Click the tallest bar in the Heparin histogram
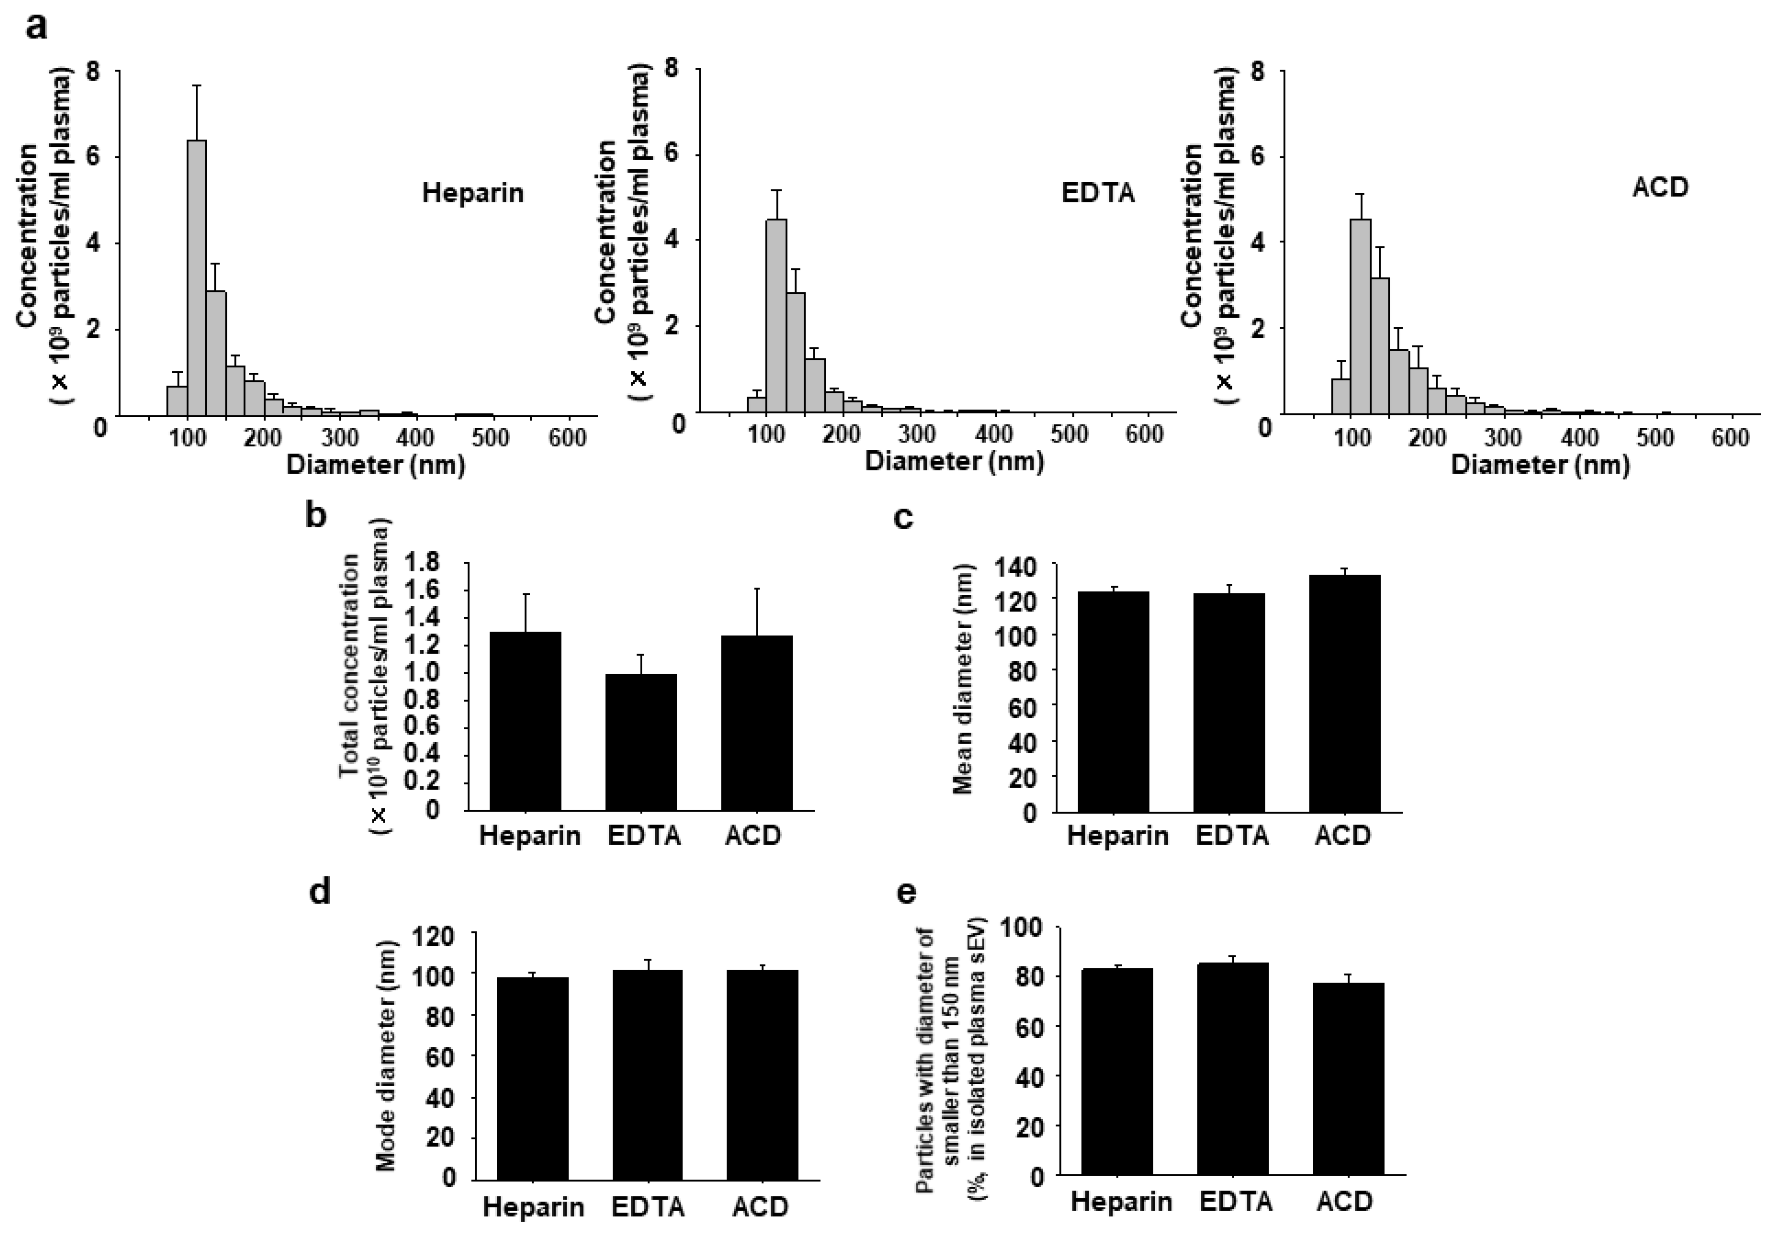coord(196,278)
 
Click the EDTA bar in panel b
coord(641,742)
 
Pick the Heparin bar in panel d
coord(533,1078)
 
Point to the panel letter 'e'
coord(905,892)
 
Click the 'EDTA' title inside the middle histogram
coord(1097,192)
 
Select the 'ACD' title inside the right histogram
coord(1660,187)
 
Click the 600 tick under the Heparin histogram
coord(567,438)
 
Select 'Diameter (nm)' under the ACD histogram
coord(1540,465)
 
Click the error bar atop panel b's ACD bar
coord(757,611)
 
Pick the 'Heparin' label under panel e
coord(1121,1201)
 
